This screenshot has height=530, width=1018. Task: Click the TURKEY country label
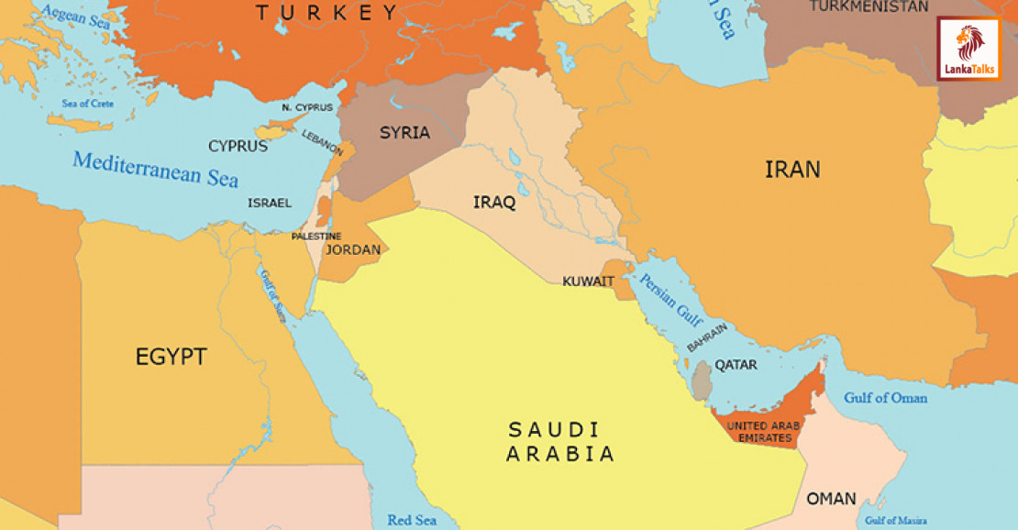coord(327,12)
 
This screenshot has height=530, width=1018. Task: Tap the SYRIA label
coord(404,132)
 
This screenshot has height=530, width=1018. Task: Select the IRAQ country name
coord(494,202)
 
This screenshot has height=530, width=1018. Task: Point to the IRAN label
coord(792,169)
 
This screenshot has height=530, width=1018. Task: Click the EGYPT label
coord(172,357)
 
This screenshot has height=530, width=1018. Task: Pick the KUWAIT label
coord(588,281)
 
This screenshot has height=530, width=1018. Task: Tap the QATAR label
coord(736,364)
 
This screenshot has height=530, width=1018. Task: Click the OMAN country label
coord(831,499)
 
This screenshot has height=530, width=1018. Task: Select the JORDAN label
coord(353,249)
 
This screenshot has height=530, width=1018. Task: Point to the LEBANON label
coord(323,142)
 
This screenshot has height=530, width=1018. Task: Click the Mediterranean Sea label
coord(155,170)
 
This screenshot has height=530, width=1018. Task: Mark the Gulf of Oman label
coord(886,398)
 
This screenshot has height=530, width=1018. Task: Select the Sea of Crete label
coord(88,104)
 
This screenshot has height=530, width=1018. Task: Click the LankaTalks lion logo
coord(968,48)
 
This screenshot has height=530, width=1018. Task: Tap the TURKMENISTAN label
coord(869,6)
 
